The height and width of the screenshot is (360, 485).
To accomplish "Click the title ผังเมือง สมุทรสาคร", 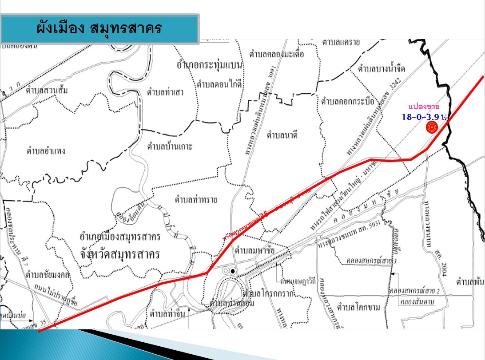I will pos(99,28).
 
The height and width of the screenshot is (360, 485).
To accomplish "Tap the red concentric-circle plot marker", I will pos(431,128).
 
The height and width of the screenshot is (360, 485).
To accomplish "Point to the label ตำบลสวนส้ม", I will pos(47,91).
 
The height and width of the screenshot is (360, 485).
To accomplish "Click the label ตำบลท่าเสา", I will pos(165,92).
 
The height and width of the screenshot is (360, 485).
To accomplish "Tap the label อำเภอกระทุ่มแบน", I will pos(209,66).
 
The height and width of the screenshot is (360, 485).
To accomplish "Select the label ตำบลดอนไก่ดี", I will pos(219,83).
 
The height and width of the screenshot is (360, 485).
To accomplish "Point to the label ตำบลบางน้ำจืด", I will pos(382,69).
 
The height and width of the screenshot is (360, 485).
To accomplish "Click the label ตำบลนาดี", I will pos(282,135).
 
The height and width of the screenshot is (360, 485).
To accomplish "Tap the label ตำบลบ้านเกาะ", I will pos(170,146).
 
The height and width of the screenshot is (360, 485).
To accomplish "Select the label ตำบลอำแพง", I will pos(45,150).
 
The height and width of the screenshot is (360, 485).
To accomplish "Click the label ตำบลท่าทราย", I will pos(196,200).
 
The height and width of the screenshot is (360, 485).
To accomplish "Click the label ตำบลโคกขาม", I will pos(358,307).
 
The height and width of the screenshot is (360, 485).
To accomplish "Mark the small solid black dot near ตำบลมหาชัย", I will pos(233,271).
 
